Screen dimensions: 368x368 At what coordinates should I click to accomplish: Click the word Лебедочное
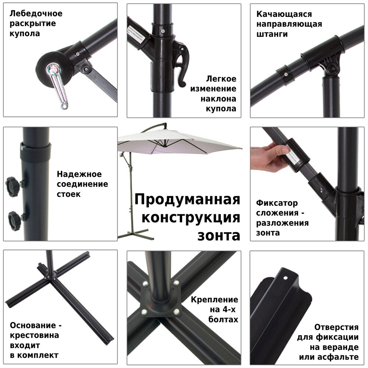36,14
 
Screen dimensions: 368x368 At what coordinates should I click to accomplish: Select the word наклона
218,99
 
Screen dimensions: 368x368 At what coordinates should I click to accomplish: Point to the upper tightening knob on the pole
13,183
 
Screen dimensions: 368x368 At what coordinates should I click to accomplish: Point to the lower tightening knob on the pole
15,220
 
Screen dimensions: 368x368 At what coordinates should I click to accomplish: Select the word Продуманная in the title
187,200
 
